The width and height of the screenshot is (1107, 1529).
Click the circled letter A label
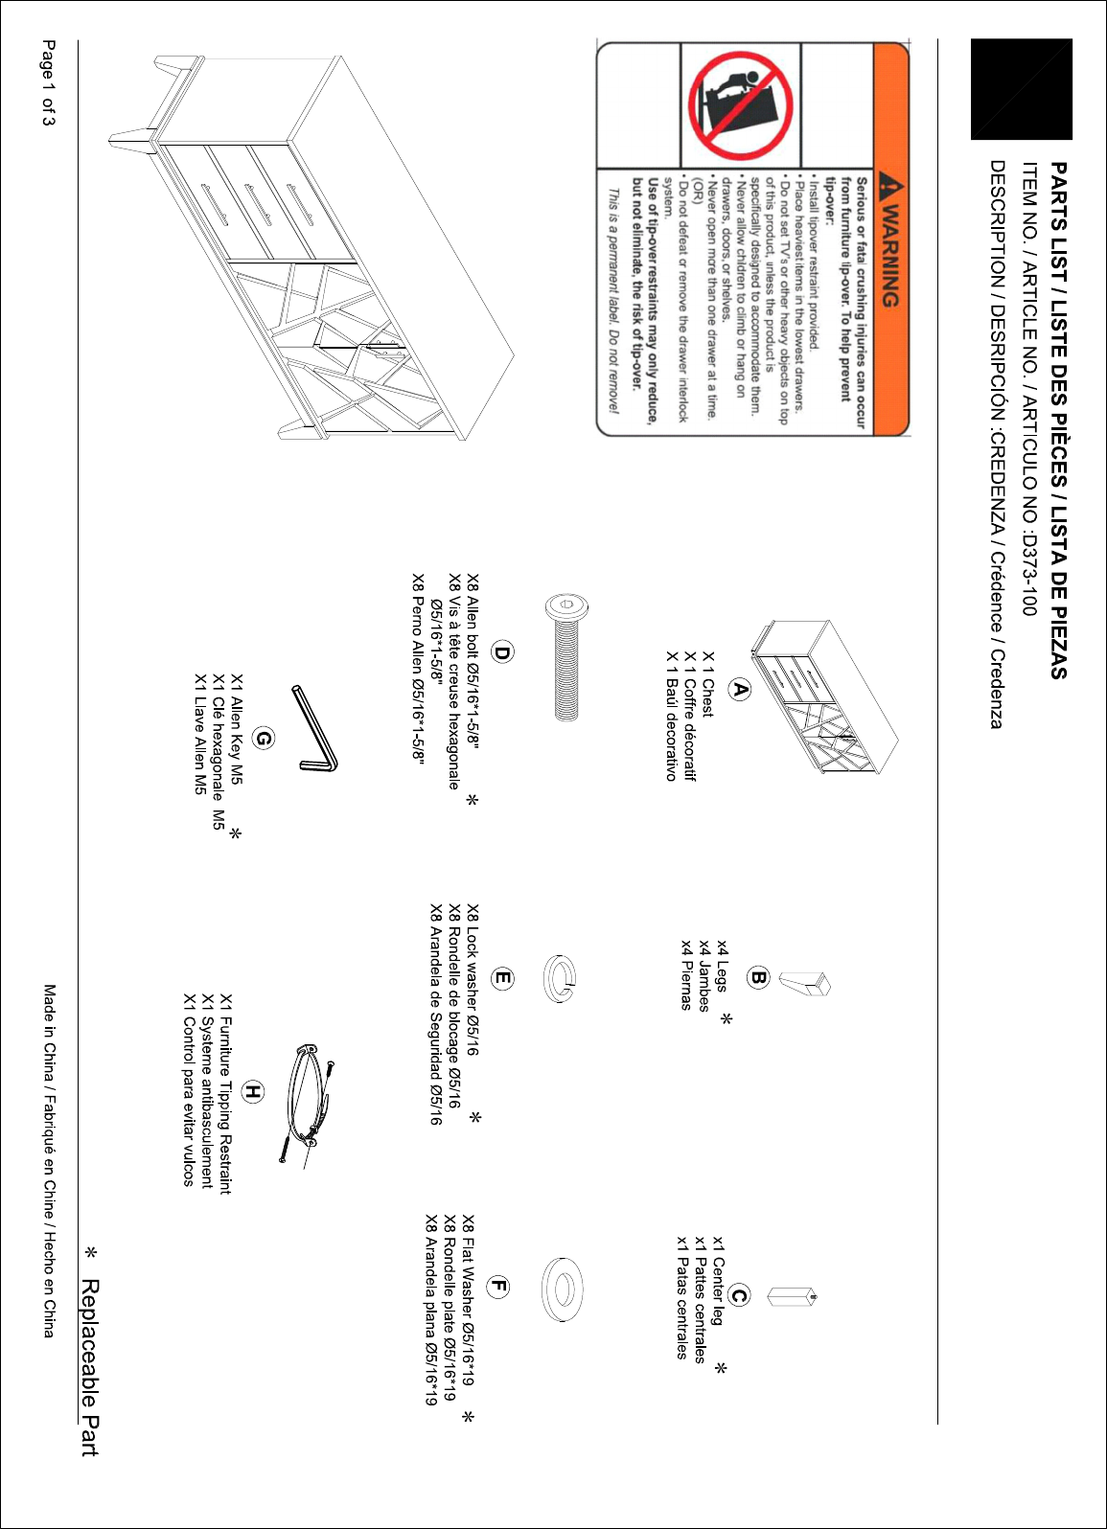pos(739,689)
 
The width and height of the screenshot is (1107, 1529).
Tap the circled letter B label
pos(758,977)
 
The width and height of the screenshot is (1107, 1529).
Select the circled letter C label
pos(739,1295)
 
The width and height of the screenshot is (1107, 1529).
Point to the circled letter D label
pos(502,652)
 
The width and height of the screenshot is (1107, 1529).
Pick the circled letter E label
pos(502,978)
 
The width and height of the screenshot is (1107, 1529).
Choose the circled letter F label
pos(497,1287)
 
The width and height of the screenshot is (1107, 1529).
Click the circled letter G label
pos(263,738)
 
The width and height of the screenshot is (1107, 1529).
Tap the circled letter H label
pos(252,1092)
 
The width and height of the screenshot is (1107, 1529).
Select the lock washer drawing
pos(560,978)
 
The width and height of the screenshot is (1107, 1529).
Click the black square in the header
pos(1022,89)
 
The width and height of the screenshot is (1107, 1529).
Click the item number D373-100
pos(1027,574)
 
